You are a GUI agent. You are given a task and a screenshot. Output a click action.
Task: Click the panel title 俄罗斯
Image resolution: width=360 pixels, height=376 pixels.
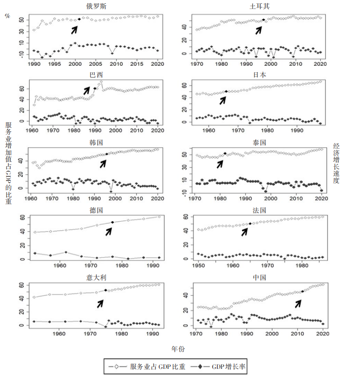(x=97, y=6)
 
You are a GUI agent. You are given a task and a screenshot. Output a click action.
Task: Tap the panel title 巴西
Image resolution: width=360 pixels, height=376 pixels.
(x=97, y=75)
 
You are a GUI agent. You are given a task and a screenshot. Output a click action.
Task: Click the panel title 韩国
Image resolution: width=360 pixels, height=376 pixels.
(x=97, y=142)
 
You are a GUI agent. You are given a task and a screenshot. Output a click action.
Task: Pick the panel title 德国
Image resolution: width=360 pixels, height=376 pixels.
(x=97, y=210)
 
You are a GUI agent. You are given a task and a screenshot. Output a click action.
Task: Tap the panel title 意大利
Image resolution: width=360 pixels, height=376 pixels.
(x=97, y=277)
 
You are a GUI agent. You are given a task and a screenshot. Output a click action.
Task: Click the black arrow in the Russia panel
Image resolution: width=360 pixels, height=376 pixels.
(x=74, y=29)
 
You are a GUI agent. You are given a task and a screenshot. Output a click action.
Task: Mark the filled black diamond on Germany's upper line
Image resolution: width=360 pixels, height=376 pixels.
(x=112, y=222)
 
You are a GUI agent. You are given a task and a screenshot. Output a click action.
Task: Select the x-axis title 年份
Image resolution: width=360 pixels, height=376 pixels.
(x=178, y=349)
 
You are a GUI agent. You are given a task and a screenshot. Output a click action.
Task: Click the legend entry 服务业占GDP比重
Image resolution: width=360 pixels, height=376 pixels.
(x=151, y=367)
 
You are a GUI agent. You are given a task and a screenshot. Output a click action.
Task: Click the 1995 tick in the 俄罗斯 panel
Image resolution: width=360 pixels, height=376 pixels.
(x=54, y=63)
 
